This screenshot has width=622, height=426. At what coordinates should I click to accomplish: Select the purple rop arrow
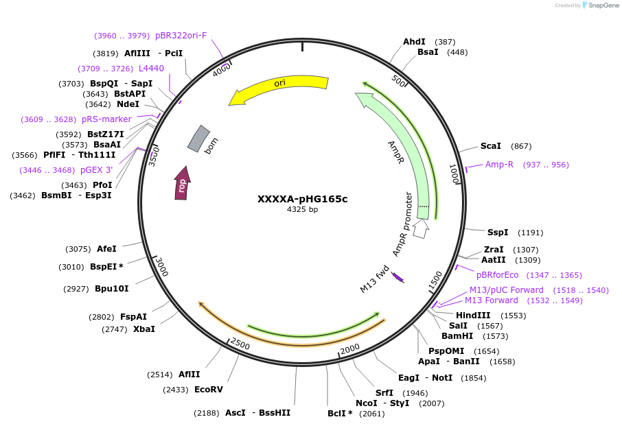(182, 184)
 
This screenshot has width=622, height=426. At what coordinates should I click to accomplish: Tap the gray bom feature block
(198, 139)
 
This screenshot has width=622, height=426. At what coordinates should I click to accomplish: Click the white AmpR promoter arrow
(421, 228)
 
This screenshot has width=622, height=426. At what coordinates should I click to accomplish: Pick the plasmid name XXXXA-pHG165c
(302, 199)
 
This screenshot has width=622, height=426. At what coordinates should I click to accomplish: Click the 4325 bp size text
(302, 210)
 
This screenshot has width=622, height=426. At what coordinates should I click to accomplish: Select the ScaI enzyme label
(490, 146)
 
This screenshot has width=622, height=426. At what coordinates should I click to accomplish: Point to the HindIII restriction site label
(473, 316)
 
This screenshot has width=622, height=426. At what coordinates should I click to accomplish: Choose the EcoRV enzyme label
(209, 390)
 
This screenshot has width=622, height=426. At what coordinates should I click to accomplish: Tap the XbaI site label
(143, 329)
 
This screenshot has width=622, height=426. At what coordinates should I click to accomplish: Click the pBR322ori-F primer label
(181, 36)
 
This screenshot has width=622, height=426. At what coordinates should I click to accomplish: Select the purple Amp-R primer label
(499, 165)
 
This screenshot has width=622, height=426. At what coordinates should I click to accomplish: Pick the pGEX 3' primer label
(96, 170)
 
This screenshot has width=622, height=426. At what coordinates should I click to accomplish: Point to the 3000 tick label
(160, 266)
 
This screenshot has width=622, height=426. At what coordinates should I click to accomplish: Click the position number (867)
(521, 146)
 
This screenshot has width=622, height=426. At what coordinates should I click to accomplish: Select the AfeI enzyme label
(106, 249)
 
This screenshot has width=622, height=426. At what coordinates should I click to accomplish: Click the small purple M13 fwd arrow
(398, 277)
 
